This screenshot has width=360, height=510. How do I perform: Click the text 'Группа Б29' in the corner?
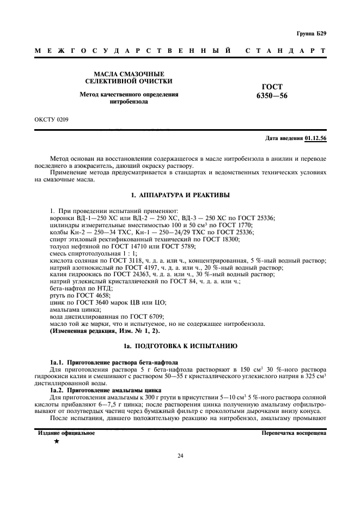pos(311,34)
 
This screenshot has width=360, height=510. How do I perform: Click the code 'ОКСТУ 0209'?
pos(52,118)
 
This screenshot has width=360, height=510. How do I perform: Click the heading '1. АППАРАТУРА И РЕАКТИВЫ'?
pos(180,195)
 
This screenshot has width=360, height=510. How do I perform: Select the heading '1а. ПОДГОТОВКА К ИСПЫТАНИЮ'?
pos(180,346)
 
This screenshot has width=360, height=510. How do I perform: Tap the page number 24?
pos(180,456)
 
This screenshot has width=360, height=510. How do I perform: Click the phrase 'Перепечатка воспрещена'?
pos(294,433)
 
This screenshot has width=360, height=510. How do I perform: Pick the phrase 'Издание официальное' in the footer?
pos(66,433)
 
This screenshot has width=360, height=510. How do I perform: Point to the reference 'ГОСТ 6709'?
pos(147,317)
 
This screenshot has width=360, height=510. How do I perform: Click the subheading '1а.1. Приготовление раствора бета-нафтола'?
pos(111,362)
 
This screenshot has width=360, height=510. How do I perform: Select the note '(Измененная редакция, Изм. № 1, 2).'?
pos(97,331)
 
